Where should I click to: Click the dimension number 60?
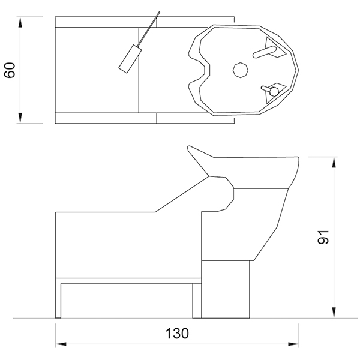coord(10,70)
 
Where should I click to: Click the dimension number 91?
coord(323,237)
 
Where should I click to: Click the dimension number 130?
coord(177,334)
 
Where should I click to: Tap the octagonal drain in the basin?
coord(241,70)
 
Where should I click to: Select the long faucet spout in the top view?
coord(264,52)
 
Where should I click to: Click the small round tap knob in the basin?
coord(274,91)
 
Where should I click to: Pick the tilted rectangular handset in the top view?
coord(130,59)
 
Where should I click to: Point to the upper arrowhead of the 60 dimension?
coord(20,23)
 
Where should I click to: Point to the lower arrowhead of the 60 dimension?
coord(20,118)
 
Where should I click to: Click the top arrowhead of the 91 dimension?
coord(334,163)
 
